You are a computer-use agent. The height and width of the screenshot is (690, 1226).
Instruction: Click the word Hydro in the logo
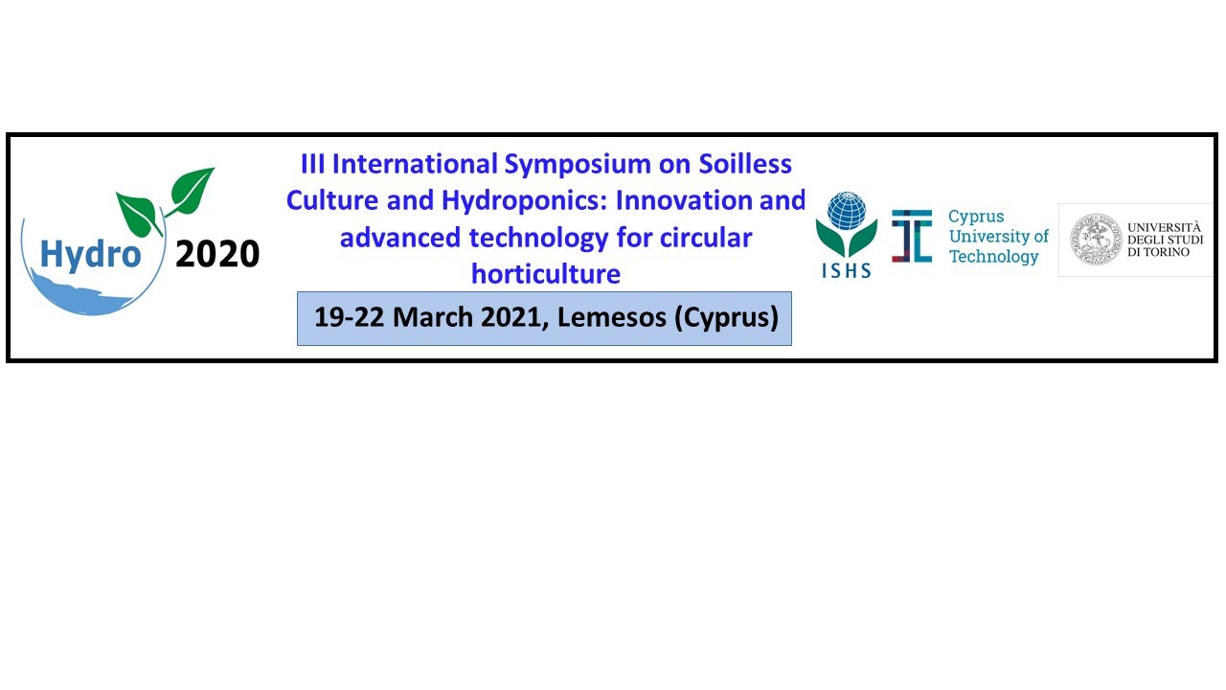click(x=91, y=255)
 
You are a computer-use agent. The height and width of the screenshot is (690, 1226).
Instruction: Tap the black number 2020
click(x=217, y=254)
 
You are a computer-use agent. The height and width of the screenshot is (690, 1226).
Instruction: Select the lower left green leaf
click(x=138, y=214)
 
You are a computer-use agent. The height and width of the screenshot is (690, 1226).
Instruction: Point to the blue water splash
click(x=82, y=294)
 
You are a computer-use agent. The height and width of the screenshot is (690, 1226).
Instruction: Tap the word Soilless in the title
click(x=745, y=164)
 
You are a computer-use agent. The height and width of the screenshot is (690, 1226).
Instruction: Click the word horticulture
click(x=546, y=274)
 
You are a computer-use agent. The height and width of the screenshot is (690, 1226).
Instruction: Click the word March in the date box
click(x=432, y=317)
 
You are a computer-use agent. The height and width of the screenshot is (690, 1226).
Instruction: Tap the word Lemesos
click(x=611, y=317)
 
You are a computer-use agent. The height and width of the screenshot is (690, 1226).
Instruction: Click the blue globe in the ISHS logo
click(x=846, y=211)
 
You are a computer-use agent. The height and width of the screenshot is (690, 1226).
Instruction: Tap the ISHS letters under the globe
click(x=846, y=270)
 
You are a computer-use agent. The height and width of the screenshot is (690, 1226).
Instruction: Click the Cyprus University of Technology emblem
click(x=912, y=236)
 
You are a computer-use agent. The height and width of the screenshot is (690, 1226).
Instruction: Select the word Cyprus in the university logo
click(x=976, y=218)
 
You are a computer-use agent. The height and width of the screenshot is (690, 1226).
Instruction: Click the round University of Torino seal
click(x=1096, y=240)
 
